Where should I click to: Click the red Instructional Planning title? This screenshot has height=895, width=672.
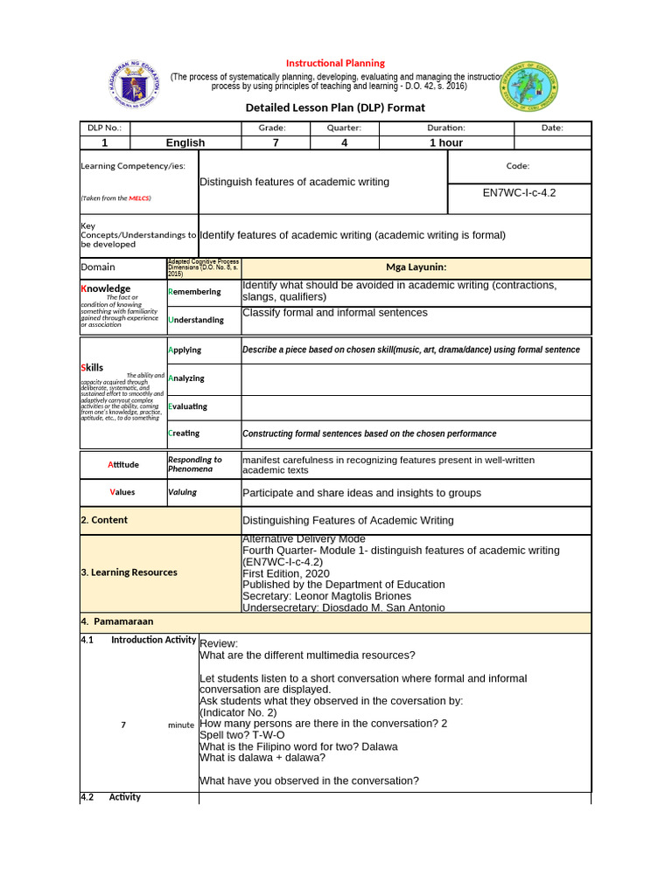click(x=336, y=63)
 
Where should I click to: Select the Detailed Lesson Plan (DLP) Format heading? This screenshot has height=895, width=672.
click(x=336, y=108)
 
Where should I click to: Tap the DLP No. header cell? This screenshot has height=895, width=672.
click(x=103, y=128)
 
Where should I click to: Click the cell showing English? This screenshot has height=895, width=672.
click(x=185, y=142)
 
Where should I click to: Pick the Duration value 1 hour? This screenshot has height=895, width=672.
click(x=445, y=142)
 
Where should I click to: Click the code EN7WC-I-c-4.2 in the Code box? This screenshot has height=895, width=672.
click(x=519, y=192)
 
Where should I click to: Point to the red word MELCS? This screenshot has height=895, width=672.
click(x=139, y=198)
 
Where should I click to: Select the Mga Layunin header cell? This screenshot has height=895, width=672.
click(x=416, y=267)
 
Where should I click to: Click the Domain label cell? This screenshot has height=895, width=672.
click(x=98, y=267)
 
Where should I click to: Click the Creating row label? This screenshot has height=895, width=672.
click(x=184, y=434)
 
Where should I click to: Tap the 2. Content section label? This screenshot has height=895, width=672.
click(x=104, y=520)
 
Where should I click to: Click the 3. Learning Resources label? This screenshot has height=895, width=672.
click(x=129, y=572)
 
